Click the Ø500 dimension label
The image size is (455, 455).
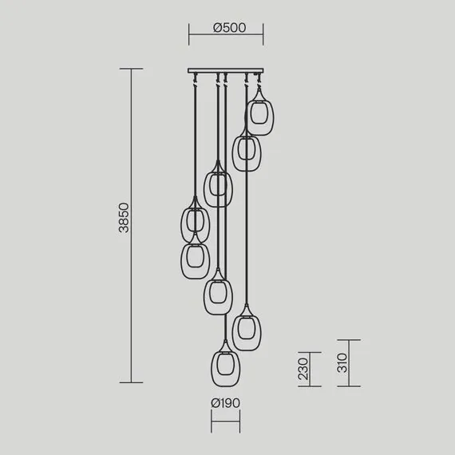click(229, 28)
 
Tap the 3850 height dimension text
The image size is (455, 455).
click(124, 218)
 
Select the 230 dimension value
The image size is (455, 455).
click(303, 369)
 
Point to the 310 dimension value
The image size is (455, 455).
click(342, 362)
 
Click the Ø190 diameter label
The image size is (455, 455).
click(225, 403)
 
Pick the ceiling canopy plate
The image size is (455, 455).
click(226, 70)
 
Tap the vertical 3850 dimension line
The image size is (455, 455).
click(131, 226)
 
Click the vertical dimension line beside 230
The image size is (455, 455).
click(310, 370)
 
